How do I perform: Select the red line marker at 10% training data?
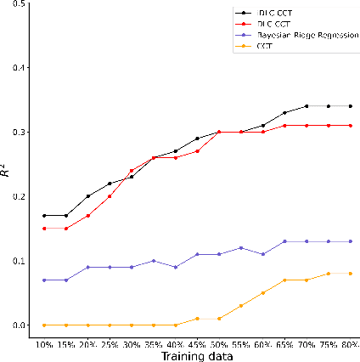[43, 228]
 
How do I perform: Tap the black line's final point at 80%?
[350, 106]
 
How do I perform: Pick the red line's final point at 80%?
[350, 126]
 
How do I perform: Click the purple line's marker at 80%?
[350, 241]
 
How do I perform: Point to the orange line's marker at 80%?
[350, 274]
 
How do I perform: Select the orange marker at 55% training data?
[240, 306]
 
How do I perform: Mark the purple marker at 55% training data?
[240, 247]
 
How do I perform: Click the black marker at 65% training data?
[284, 112]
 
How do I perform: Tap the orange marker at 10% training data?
[43, 325]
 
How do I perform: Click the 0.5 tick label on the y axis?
[20, 3]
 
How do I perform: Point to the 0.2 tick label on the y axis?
[20, 196]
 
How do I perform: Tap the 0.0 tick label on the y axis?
[20, 325]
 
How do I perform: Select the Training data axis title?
[196, 355]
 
